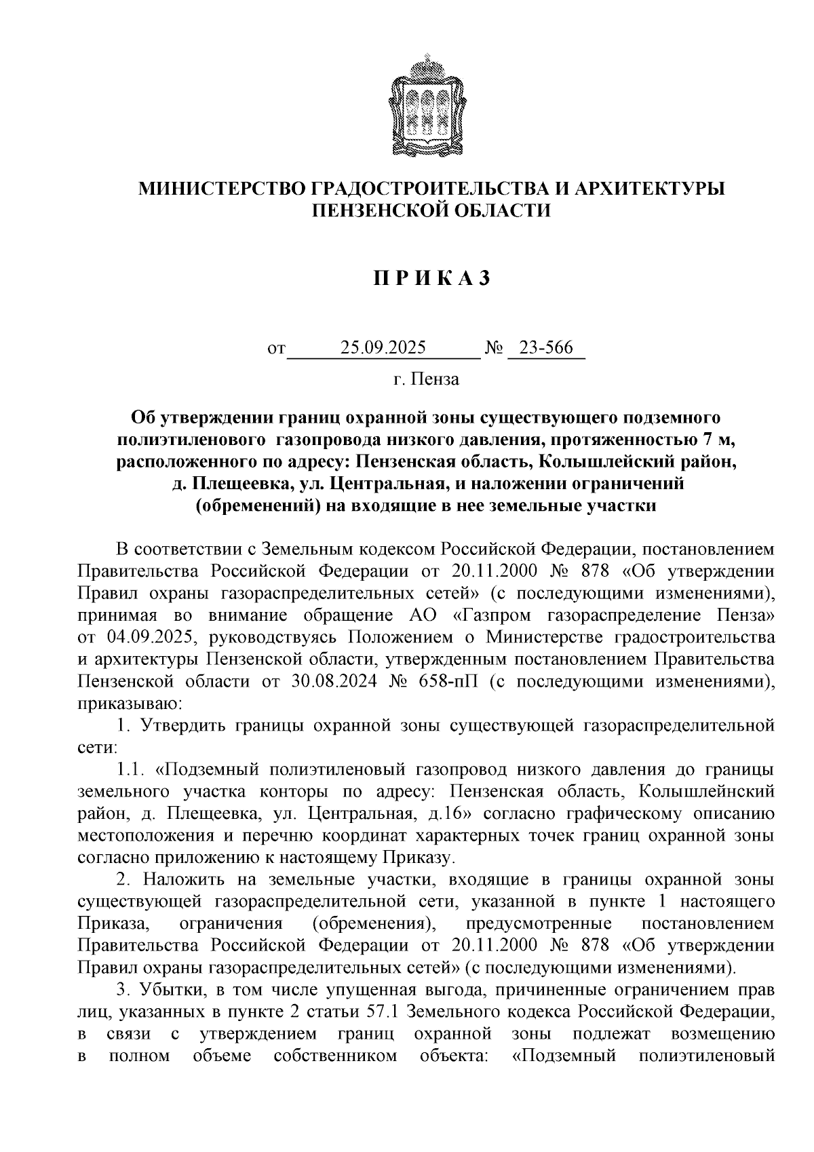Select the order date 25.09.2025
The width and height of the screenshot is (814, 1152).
[x=383, y=349]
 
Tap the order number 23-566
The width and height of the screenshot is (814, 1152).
[x=546, y=349]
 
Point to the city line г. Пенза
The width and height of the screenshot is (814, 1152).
[x=426, y=379]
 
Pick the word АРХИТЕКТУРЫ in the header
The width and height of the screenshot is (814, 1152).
[x=650, y=189]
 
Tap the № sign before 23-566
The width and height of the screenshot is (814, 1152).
[x=494, y=349]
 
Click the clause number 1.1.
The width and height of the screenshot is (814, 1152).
[x=132, y=769]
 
